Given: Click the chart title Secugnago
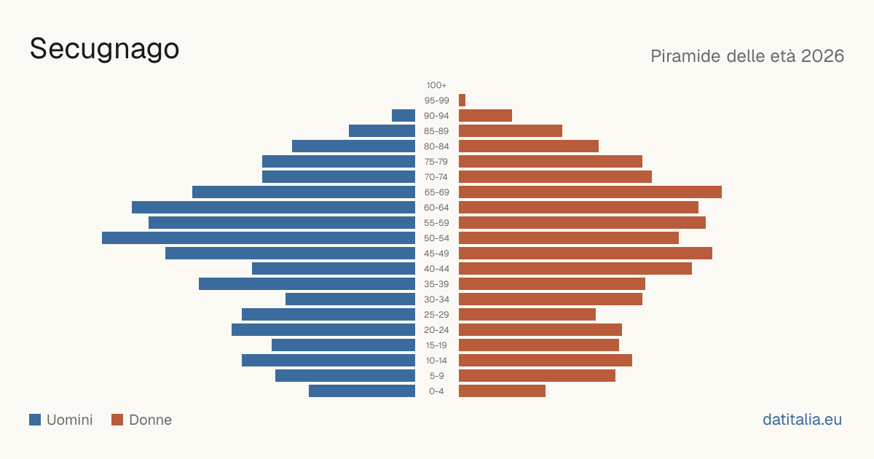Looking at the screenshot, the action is pos(105,50).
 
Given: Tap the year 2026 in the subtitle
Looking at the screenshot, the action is pos(822,56).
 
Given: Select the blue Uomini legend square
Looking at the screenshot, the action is pos(35,420).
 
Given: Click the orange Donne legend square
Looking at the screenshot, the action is pos(117,420).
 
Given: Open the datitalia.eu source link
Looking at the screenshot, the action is pos(802,420).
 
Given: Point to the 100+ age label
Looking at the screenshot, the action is pos(436,85).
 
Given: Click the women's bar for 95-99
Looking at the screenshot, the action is pos(462,101).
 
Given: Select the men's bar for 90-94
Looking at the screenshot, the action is pos(403,116).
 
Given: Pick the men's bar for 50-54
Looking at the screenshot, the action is pos(259,238).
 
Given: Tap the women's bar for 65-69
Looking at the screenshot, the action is pos(591,192).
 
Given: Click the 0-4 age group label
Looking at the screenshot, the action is pos(436,391).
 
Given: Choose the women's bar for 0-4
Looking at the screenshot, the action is pos(502,391).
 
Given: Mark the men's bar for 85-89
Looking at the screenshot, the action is pos(382,130).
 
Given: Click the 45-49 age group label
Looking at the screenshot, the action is pos(436,254).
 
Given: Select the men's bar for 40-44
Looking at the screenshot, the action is pos(334,269).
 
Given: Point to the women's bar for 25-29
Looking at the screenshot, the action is pos(527,315).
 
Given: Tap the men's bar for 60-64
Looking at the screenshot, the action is pos(274,207).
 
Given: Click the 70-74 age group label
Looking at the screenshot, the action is pos(436,177).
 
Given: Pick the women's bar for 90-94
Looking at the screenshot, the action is pos(485,116).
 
